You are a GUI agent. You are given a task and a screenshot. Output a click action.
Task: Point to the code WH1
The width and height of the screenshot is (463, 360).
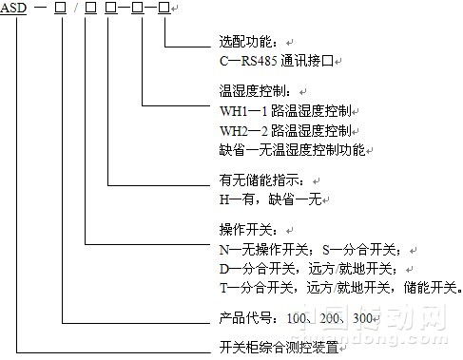(232, 110)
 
